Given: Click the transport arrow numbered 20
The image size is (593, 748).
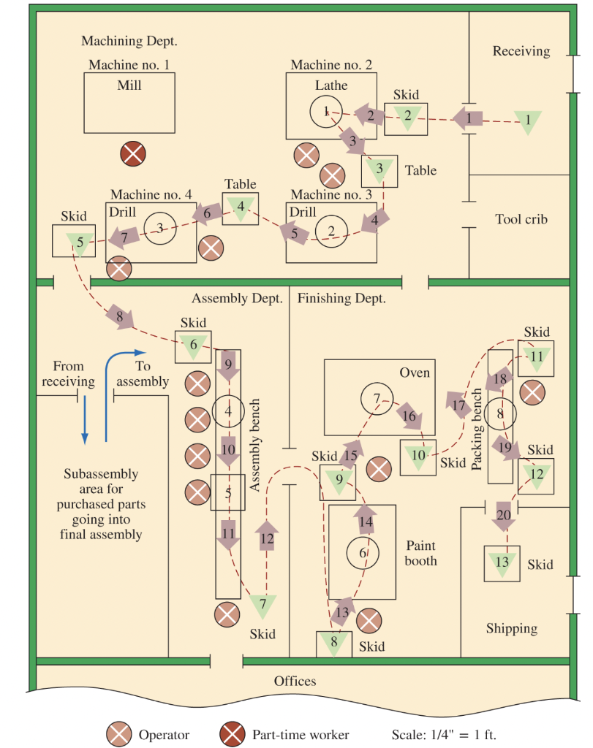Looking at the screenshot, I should coord(504,516).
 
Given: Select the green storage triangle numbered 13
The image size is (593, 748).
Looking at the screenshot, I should coord(502,563).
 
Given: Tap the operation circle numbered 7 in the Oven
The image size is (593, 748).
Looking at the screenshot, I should coord(377,399).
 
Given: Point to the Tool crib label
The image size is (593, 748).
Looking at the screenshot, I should coord(521,219).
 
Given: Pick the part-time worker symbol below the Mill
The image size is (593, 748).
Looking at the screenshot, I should coord(132,153).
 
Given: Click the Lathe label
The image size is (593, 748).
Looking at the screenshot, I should coord(331,85).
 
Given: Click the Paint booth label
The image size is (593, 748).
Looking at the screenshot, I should coord(420,553).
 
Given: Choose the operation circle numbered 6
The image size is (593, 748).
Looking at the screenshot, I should coord(363,553).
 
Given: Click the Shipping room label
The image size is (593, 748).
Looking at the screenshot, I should coord(512,628).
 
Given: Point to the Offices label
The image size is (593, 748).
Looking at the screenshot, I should coord(295,681).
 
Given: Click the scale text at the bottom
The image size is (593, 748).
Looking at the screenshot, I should coord(445,735).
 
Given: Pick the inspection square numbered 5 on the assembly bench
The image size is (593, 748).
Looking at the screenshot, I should coord(228,493).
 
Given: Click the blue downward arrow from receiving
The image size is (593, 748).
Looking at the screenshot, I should coord(85,419).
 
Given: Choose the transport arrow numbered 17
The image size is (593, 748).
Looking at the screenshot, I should coord(458,404).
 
